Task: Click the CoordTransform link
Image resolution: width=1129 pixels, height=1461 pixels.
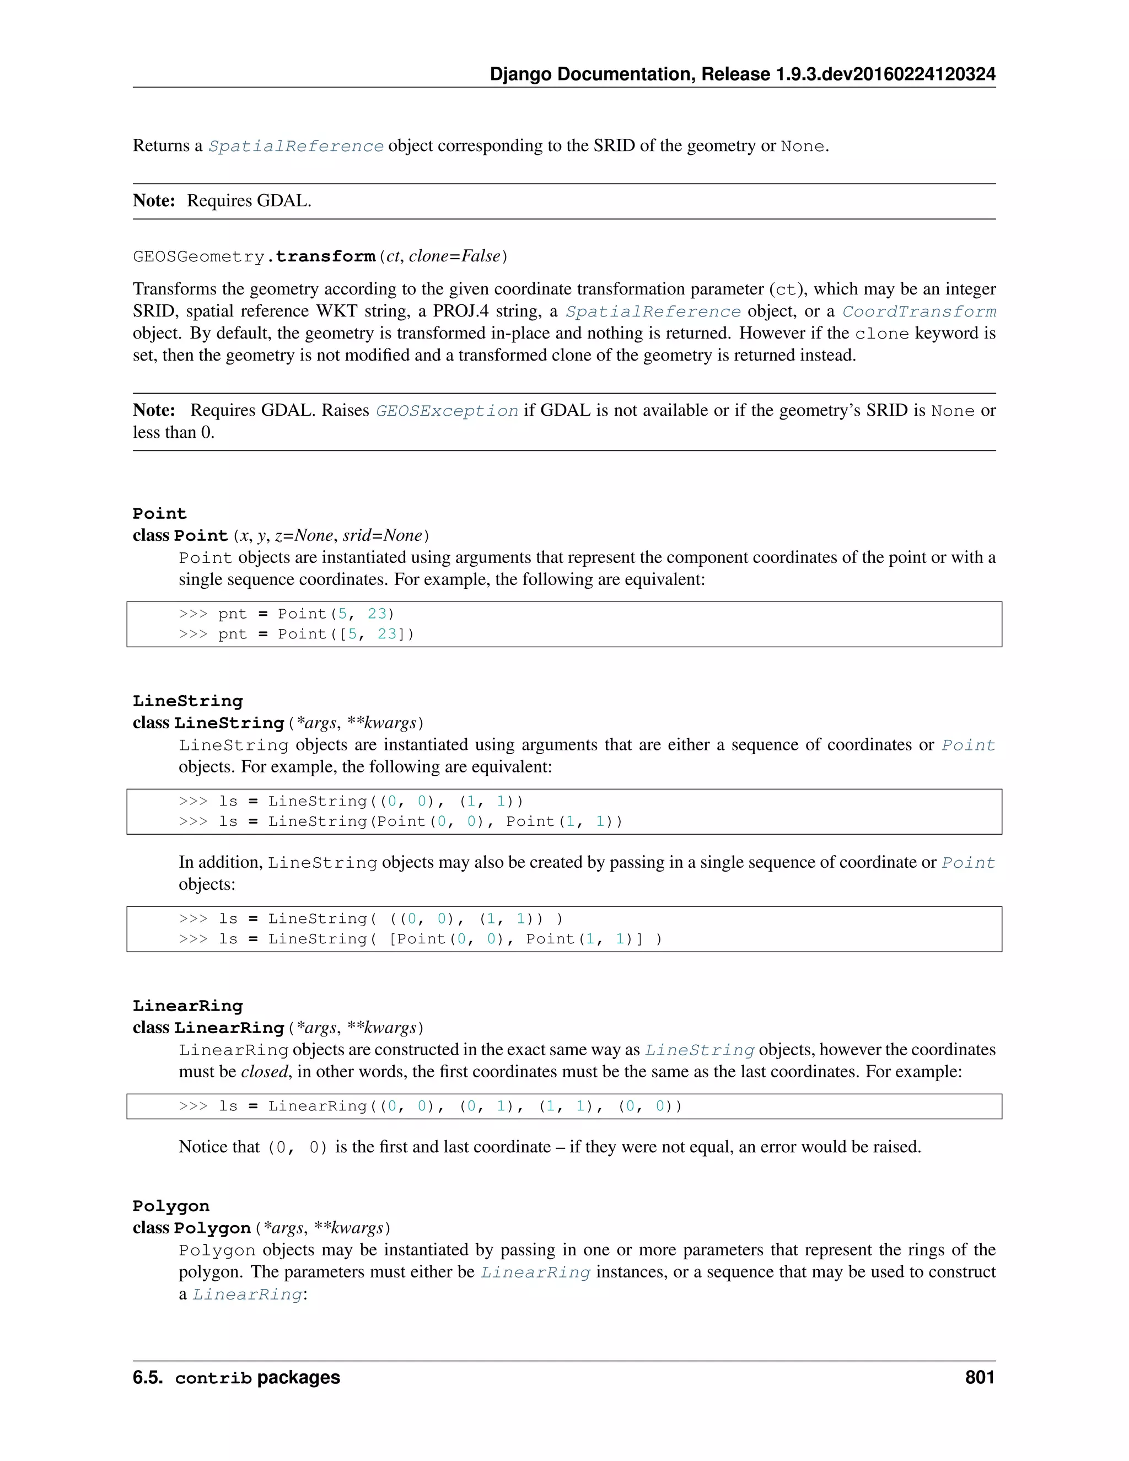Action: pyautogui.click(x=918, y=311)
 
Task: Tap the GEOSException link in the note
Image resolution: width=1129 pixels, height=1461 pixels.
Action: pyautogui.click(x=447, y=411)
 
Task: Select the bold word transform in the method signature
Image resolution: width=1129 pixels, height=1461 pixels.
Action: pyautogui.click(x=325, y=257)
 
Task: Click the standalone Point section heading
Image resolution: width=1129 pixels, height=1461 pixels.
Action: pyautogui.click(x=159, y=514)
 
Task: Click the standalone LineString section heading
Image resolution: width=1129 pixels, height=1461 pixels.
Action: pyautogui.click(x=187, y=701)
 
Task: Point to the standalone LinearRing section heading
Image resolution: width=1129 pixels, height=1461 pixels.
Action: pyautogui.click(x=187, y=1006)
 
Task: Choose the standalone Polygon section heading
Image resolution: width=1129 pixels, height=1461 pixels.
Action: pyautogui.click(x=170, y=1206)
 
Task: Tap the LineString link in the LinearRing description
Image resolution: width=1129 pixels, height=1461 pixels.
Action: pyautogui.click(x=699, y=1050)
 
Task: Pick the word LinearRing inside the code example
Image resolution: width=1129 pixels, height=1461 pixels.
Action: pyautogui.click(x=318, y=1107)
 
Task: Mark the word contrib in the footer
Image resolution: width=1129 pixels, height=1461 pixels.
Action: pyautogui.click(x=213, y=1379)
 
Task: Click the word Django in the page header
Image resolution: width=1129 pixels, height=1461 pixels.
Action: pyautogui.click(x=520, y=74)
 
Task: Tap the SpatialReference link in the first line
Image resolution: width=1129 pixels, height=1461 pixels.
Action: pyautogui.click(x=295, y=147)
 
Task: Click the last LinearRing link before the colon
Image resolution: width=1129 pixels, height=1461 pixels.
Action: pyautogui.click(x=248, y=1295)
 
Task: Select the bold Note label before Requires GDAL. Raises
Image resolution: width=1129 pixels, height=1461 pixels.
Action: pyautogui.click(x=154, y=410)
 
